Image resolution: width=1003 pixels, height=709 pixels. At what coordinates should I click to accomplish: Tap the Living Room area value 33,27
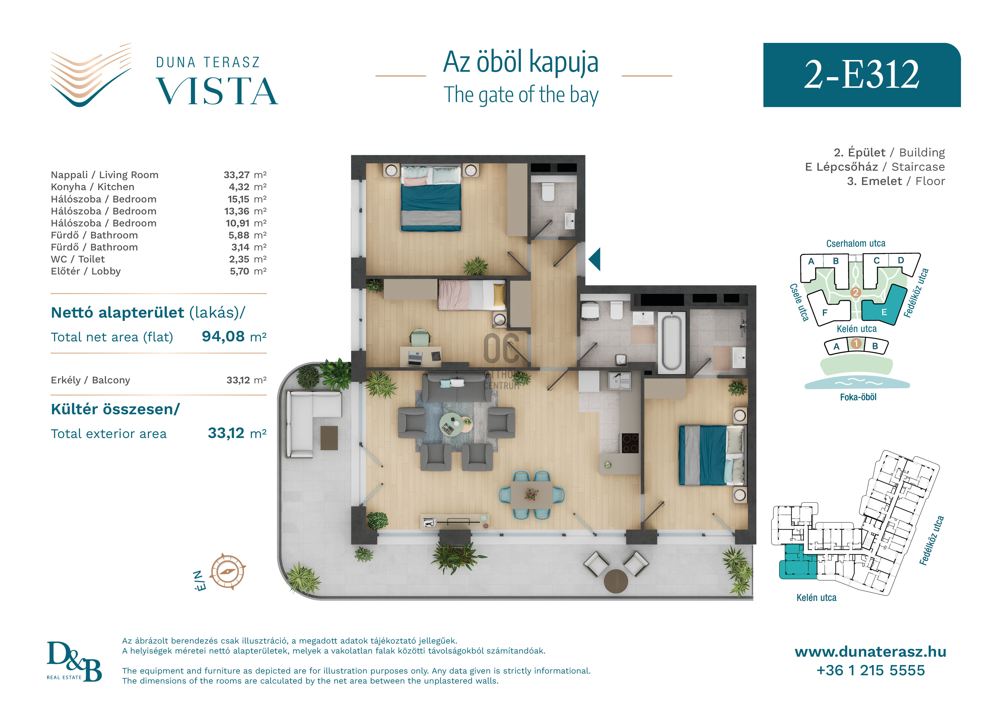[x=236, y=175]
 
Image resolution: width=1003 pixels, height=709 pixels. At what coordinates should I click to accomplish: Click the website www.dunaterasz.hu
[x=870, y=652]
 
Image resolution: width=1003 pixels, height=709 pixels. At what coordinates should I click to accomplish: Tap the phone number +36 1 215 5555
[x=870, y=670]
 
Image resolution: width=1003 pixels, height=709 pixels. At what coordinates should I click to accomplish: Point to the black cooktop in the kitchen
[x=630, y=443]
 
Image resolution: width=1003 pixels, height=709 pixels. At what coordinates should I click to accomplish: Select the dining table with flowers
[x=532, y=495]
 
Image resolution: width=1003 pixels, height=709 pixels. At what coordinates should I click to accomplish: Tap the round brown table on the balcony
[x=616, y=581]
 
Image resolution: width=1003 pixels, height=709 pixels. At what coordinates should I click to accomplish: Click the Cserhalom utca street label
[x=855, y=243]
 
